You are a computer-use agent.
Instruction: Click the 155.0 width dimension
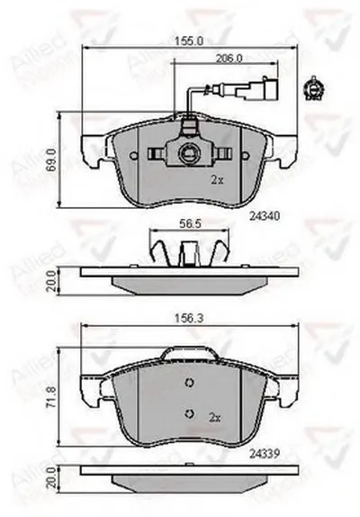tap(188, 41)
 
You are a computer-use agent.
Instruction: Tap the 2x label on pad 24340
tap(216, 180)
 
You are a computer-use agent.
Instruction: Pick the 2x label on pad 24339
tap(216, 417)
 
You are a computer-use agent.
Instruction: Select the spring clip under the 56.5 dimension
tap(187, 247)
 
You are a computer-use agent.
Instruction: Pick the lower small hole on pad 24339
tap(188, 413)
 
